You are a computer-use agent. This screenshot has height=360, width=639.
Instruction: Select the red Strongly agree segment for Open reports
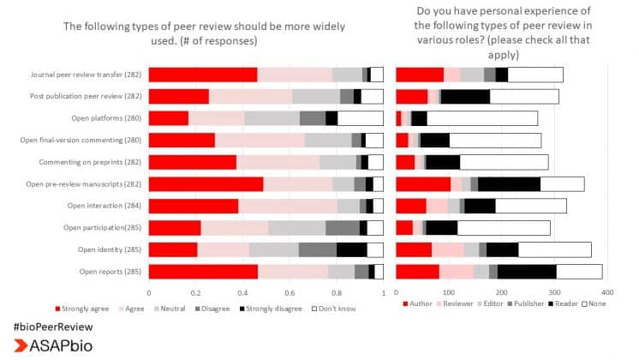click(x=203, y=271)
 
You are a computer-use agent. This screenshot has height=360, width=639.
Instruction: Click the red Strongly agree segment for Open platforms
click(x=168, y=118)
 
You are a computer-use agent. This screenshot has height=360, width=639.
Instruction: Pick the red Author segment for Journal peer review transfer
click(x=420, y=75)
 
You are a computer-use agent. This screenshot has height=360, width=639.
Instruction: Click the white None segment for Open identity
click(x=554, y=249)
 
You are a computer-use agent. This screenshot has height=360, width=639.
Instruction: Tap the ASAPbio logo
click(x=53, y=346)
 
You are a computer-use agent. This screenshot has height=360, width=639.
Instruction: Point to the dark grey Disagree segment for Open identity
click(x=317, y=249)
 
